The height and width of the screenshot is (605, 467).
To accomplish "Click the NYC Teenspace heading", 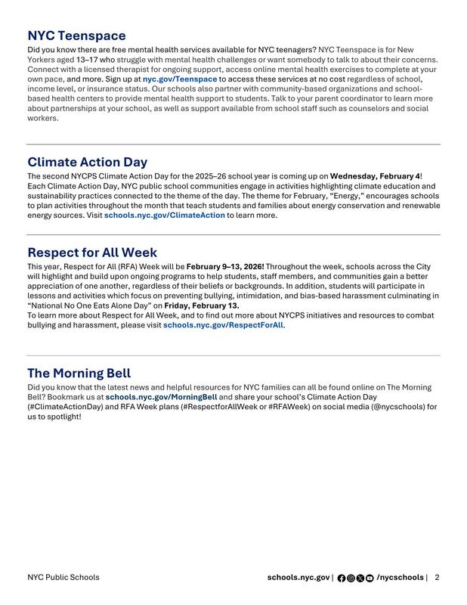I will (76, 36).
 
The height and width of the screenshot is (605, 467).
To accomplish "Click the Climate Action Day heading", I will (88, 162).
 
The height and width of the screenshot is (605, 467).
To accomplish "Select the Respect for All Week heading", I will (92, 252).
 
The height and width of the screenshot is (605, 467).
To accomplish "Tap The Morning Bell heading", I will (79, 373).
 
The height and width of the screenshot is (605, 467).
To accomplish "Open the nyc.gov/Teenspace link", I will (180, 79).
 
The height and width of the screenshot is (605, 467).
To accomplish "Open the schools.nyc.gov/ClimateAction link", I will (164, 216).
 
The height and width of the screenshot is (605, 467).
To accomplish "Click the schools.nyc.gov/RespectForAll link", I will (223, 325).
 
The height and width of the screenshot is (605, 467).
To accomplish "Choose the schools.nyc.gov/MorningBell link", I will (161, 396).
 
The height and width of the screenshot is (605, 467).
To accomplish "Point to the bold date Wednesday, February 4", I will (375, 176).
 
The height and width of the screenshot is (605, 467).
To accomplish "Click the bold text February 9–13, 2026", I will (225, 266).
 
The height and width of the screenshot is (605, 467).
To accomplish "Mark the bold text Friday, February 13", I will (202, 306).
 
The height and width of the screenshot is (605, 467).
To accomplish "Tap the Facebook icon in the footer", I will (342, 578).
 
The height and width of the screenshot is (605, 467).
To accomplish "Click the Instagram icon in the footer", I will (351, 578).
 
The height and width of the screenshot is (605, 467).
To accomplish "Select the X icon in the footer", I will (360, 578).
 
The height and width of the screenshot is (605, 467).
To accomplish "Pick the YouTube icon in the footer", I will (369, 578).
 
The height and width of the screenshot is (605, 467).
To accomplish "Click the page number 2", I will (437, 577).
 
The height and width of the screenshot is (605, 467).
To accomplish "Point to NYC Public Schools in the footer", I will (63, 577).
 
